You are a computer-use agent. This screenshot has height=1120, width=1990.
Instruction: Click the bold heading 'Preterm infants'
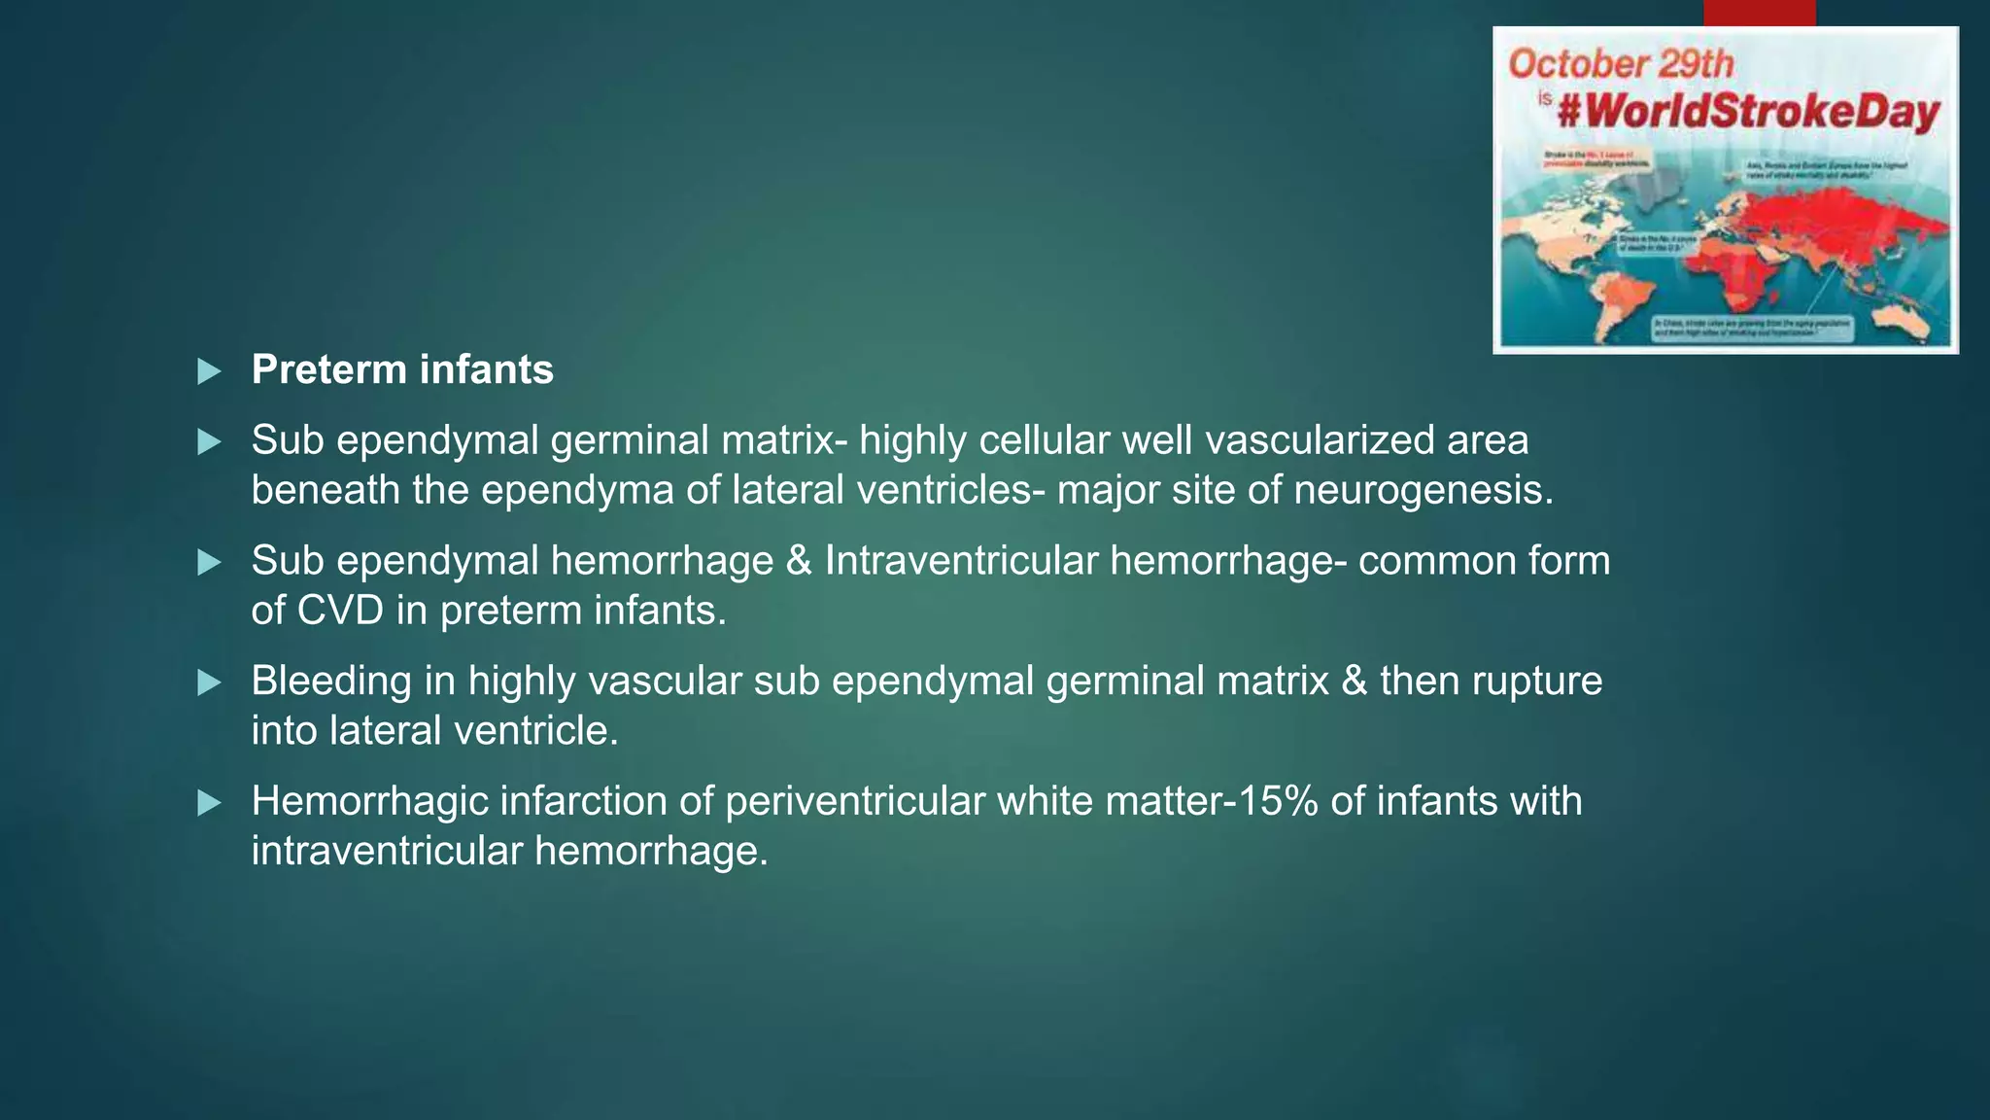pos(402,370)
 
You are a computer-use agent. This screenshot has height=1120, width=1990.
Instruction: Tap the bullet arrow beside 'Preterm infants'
pos(209,371)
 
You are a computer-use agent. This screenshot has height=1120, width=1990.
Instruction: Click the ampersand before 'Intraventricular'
pos(799,561)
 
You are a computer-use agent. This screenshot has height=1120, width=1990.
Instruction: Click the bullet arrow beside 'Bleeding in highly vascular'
pos(209,682)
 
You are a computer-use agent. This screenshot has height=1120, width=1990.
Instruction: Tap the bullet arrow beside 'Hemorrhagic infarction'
pos(209,803)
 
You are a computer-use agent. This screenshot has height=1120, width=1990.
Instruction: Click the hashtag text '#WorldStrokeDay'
pos(1748,113)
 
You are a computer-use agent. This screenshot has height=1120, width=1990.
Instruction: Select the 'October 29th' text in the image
pos(1620,64)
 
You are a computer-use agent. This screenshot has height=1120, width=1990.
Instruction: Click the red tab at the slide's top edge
pos(1759,13)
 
